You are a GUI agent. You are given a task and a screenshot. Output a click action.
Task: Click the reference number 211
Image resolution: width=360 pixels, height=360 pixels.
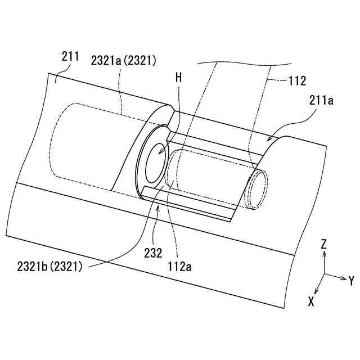pos(70,57)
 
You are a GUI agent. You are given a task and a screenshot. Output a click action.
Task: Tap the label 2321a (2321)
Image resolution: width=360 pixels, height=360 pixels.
pos(124,61)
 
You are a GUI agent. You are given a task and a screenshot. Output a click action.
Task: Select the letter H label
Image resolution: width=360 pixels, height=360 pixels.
pos(179,78)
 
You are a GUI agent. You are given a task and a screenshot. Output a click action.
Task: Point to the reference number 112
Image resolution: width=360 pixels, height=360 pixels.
pos(297,81)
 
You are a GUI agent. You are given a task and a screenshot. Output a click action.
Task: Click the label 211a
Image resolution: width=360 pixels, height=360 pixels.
pos(321,101)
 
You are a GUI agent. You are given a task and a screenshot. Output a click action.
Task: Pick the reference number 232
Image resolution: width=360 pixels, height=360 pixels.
pos(153,253)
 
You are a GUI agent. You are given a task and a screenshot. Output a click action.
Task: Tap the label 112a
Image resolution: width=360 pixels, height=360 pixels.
pos(179,267)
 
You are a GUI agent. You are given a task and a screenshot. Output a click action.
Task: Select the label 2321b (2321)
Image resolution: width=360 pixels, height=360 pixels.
pos(49,267)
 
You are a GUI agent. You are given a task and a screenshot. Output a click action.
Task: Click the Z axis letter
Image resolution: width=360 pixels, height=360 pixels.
pos(324,244)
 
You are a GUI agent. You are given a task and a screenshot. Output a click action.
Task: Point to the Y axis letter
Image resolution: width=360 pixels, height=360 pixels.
pos(351,281)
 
